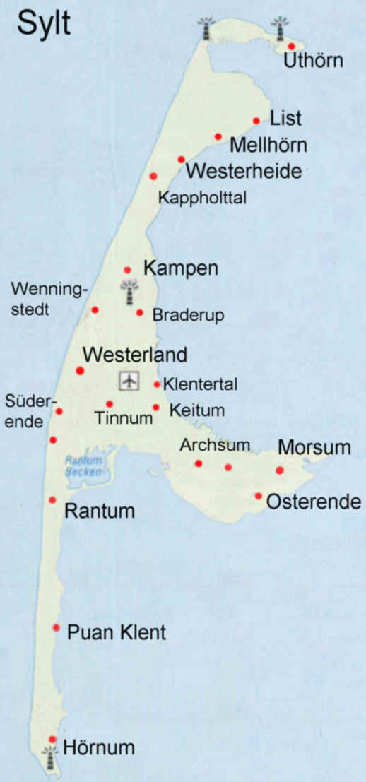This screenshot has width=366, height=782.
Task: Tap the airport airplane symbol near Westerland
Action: (x=129, y=380)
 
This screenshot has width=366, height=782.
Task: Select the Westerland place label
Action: (x=135, y=354)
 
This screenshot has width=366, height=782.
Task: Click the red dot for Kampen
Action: (x=127, y=270)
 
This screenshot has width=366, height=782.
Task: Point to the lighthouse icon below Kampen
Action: (x=129, y=293)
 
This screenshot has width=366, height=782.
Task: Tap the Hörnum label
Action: (x=99, y=747)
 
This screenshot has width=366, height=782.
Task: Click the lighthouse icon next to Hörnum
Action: (x=49, y=758)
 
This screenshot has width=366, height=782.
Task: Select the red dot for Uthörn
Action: (x=291, y=46)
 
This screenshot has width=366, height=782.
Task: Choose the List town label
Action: (x=286, y=118)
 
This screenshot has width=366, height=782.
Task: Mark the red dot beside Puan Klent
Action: (x=56, y=627)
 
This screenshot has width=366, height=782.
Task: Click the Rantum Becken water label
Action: (x=83, y=465)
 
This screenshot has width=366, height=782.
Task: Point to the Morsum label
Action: (x=314, y=447)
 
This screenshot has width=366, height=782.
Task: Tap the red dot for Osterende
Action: (x=259, y=496)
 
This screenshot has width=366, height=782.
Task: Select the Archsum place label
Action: (x=205, y=446)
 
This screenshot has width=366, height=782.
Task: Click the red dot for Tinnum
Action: (x=110, y=404)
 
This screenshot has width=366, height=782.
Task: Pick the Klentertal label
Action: (x=200, y=385)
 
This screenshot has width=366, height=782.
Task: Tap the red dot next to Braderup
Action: (x=140, y=312)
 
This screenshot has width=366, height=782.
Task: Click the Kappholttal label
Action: (x=202, y=197)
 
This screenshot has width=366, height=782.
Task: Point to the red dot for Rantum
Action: (x=52, y=500)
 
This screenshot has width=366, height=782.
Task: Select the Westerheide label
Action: (x=244, y=171)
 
